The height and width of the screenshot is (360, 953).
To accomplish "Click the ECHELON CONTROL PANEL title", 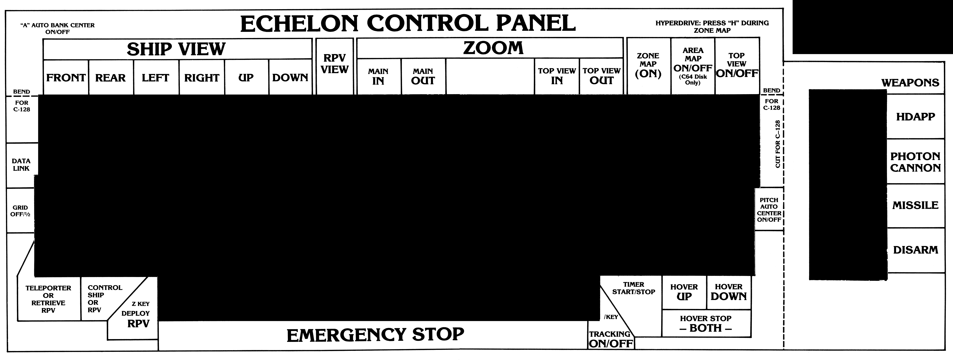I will (x=408, y=23).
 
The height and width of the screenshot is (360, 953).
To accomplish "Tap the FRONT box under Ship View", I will (x=66, y=78).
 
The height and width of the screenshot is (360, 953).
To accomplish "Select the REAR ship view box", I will (x=111, y=78).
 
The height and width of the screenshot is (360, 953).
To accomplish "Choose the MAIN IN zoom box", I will (x=378, y=77).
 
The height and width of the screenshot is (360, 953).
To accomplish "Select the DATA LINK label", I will (x=21, y=165).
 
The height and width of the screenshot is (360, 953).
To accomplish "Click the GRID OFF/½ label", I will (x=20, y=211).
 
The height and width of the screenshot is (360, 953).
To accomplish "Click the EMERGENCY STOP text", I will (x=375, y=335).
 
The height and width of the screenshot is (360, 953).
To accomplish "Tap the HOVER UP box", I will (x=684, y=292).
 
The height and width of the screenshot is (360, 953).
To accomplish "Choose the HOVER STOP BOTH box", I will (x=706, y=324).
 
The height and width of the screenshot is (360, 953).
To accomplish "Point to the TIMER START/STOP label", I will (x=633, y=288).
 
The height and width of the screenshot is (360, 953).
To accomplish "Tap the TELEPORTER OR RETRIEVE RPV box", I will (x=49, y=299).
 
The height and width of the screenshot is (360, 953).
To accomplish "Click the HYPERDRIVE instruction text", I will (x=712, y=27).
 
